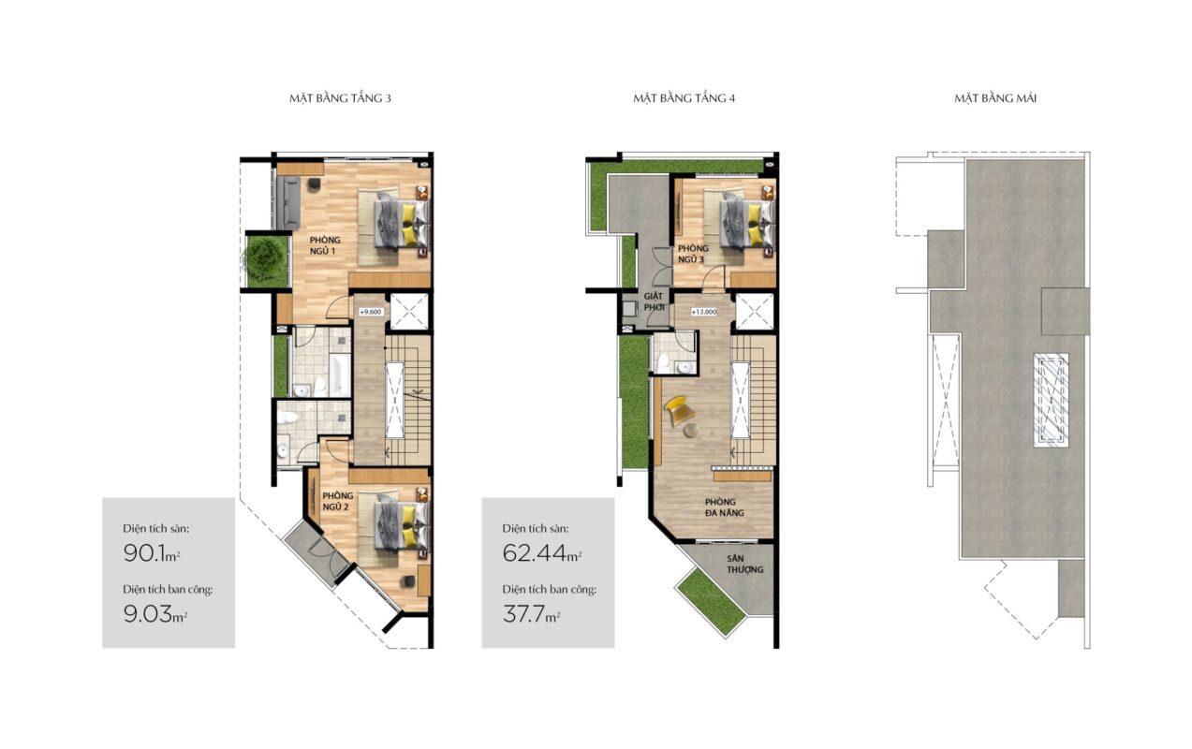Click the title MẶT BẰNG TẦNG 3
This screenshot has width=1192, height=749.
click(340, 98)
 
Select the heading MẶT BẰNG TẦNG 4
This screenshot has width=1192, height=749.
click(684, 98)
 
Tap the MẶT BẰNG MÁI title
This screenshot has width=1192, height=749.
click(995, 98)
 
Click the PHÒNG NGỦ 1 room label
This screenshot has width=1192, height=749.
click(325, 245)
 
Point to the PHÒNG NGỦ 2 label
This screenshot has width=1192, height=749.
click(336, 501)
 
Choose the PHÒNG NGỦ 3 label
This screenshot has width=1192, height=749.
click(693, 254)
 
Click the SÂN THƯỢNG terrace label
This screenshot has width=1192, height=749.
click(745, 564)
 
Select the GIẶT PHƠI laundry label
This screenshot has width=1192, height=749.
click(654, 301)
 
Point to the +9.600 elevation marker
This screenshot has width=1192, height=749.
click(371, 312)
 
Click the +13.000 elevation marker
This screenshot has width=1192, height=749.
click(703, 312)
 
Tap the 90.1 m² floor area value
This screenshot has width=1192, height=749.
click(151, 553)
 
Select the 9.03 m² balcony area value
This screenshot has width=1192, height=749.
click(155, 614)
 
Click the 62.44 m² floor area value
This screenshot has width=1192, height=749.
click(542, 553)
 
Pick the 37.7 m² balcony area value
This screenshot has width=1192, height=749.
click(531, 614)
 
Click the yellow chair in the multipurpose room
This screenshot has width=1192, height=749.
click(679, 410)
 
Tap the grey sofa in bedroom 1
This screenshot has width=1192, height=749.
click(288, 202)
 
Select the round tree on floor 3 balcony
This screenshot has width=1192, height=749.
click(265, 258)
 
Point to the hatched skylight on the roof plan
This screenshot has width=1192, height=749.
click(1051, 400)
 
